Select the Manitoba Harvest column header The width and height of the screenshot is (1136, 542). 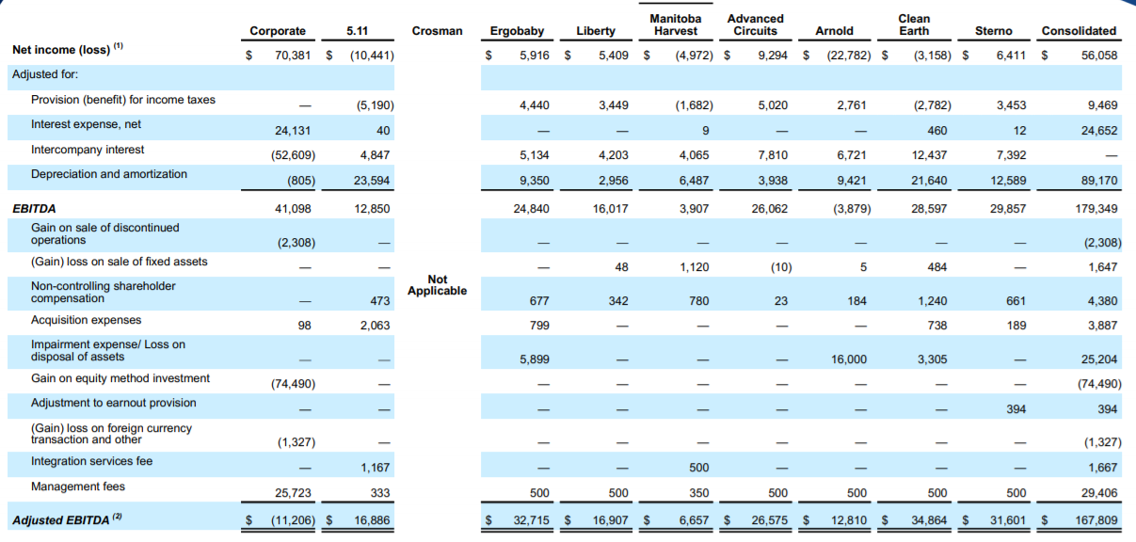tap(675, 24)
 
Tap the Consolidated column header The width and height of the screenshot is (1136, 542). tap(1079, 31)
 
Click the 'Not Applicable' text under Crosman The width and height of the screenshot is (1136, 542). tap(438, 285)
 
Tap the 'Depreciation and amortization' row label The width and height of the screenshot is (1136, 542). tap(108, 174)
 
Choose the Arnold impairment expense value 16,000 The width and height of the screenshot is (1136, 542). tap(849, 359)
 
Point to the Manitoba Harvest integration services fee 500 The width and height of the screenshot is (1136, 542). tap(698, 468)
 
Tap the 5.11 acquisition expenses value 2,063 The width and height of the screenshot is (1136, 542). tap(374, 326)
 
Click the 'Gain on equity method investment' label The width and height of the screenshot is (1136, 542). tap(120, 378)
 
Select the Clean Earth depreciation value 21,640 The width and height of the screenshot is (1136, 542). tap(928, 181)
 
